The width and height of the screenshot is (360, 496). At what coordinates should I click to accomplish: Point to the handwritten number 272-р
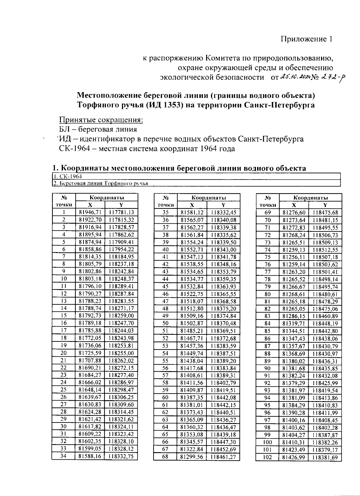[333, 78]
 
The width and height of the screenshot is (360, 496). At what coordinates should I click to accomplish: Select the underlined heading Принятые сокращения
[101, 120]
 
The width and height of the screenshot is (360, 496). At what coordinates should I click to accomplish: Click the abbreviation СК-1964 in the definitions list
[75, 149]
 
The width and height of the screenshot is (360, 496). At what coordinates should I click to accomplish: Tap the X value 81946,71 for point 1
[90, 213]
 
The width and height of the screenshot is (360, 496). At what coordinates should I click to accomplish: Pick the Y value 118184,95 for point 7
[121, 257]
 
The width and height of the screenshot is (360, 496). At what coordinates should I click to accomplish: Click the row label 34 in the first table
[63, 456]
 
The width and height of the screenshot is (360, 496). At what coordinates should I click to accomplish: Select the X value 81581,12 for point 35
[192, 213]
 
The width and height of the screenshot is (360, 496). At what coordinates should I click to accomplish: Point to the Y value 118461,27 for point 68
[223, 457]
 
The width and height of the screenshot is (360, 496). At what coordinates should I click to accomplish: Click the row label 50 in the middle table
[165, 323]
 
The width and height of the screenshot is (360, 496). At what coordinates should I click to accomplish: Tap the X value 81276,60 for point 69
[294, 213]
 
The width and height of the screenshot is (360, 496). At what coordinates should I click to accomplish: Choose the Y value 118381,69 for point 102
[325, 457]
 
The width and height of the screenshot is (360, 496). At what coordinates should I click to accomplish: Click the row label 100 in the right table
[267, 442]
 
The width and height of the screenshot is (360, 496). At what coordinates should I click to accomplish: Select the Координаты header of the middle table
[208, 198]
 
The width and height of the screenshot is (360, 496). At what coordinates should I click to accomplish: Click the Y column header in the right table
[325, 205]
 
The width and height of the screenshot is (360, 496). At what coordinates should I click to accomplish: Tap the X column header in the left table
[90, 205]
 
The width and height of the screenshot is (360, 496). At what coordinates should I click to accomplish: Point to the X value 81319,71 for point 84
[294, 323]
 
